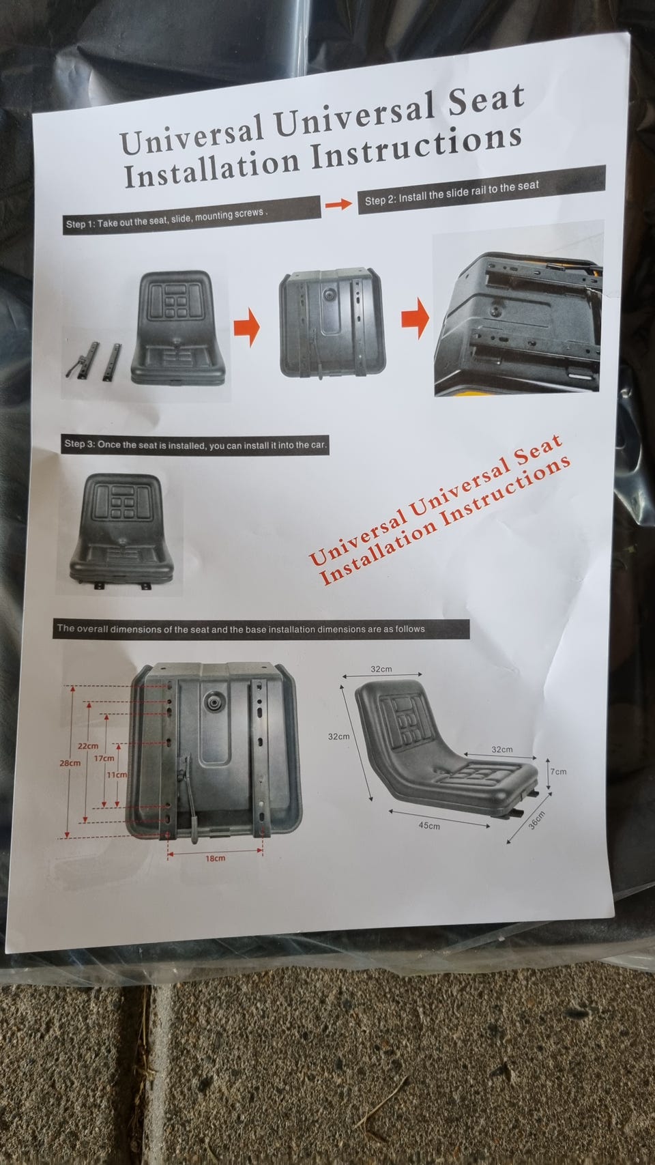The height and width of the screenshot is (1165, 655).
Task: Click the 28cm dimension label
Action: click(70, 763)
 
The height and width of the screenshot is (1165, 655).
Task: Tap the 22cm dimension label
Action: click(88, 746)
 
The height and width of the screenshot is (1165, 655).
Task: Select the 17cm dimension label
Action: click(104, 758)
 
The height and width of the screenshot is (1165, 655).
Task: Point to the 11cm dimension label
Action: click(117, 775)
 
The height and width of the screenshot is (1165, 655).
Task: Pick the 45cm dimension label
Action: click(429, 825)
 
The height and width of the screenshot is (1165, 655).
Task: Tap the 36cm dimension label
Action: click(537, 821)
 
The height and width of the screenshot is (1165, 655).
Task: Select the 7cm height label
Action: click(558, 771)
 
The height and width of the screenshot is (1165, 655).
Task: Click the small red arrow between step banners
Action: click(338, 204)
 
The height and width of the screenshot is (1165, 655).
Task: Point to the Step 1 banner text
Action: click(166, 218)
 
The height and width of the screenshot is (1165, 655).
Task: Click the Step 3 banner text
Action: click(195, 445)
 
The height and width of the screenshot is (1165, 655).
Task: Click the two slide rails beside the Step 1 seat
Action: click(95, 359)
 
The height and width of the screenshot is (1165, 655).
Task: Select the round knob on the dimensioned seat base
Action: click(213, 700)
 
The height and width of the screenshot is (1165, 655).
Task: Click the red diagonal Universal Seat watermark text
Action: click(440, 510)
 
